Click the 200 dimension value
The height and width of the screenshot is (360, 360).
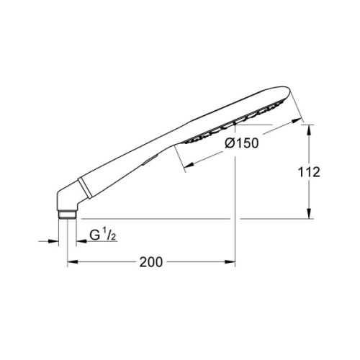pos(151,262)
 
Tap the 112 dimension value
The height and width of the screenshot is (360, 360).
pos(309,172)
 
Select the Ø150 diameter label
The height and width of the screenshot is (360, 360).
pos(241,143)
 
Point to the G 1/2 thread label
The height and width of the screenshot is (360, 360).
pos(103,235)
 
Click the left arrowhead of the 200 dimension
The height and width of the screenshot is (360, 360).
pos(72,262)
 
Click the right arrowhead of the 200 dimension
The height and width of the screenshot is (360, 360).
pos(230,262)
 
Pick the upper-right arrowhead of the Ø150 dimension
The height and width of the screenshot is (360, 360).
pos(297,120)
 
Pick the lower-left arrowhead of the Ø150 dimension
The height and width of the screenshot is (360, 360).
pos(189,165)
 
